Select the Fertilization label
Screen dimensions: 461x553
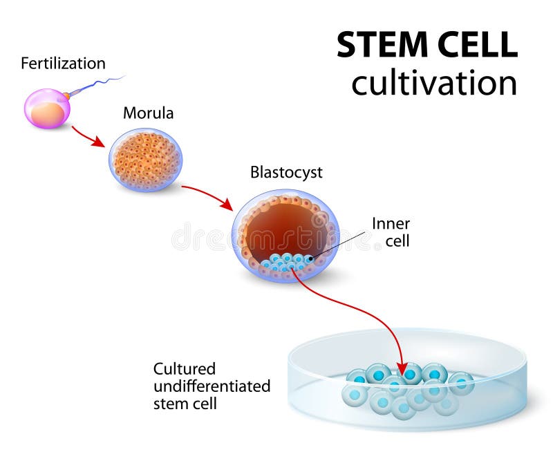pos(63,64)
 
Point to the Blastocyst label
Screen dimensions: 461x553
pos(286,172)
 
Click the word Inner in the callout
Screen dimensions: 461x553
pos(391,224)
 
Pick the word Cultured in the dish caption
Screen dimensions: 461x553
pos(185,368)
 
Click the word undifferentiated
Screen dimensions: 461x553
pos(212,386)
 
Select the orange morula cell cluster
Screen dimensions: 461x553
pos(145,160)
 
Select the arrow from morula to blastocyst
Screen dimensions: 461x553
pos(207,195)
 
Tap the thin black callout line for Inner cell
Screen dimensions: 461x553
pos(339,245)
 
